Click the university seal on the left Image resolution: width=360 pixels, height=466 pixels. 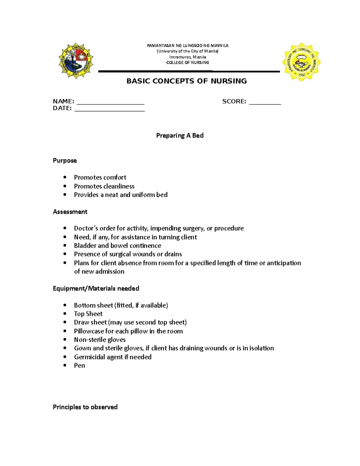(76, 60)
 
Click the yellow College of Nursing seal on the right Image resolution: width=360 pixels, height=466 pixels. (301, 62)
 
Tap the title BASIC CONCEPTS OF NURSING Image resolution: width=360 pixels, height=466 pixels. (187, 81)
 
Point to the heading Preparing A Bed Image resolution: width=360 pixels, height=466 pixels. (180, 136)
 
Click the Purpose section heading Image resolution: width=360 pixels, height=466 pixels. (65, 161)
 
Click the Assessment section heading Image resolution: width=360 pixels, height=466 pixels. (70, 212)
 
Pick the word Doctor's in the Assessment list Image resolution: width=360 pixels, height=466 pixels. (86, 228)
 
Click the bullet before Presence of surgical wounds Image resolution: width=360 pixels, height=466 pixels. (65, 254)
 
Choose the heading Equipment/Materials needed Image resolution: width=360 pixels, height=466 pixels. (96, 288)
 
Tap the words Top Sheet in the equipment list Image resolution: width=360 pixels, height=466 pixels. (88, 314)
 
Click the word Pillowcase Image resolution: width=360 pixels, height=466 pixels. (89, 331)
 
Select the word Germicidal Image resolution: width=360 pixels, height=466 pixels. (89, 357)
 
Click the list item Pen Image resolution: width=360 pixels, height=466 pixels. (79, 365)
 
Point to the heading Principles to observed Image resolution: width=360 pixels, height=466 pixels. (85, 407)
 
